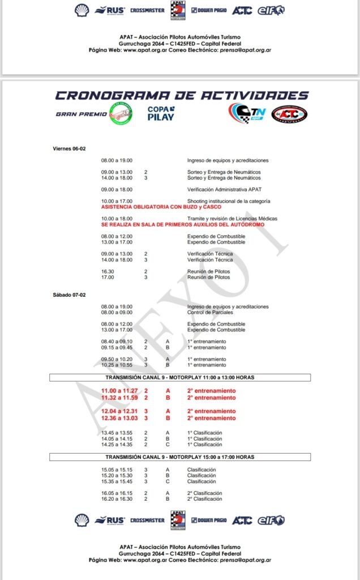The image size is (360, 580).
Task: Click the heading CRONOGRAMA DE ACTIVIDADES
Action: click(x=182, y=95)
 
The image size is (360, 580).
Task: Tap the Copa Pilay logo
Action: click(x=161, y=113)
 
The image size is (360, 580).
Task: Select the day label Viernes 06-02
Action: click(x=70, y=148)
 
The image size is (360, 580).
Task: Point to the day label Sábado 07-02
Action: click(x=69, y=295)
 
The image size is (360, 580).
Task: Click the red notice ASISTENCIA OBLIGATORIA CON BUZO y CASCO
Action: click(x=161, y=207)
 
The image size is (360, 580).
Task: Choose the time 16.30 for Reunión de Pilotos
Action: click(x=107, y=271)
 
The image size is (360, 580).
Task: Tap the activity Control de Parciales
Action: click(x=211, y=312)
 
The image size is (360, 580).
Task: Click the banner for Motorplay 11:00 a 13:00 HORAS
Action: click(x=179, y=378)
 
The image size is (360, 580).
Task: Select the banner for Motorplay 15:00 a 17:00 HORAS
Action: click(x=179, y=457)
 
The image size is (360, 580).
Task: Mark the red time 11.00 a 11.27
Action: click(x=119, y=391)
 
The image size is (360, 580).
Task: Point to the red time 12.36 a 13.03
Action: click(x=119, y=418)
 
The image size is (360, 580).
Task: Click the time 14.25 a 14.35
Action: click(x=117, y=445)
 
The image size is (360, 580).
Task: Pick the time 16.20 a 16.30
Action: click(x=117, y=499)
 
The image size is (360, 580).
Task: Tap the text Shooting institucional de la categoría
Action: click(x=229, y=201)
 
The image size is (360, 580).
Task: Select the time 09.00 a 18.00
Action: click(x=117, y=189)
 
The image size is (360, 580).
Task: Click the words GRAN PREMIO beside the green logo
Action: click(x=82, y=114)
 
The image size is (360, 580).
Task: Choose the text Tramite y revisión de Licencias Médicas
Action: click(x=232, y=219)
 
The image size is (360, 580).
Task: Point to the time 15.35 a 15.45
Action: click(x=117, y=481)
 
